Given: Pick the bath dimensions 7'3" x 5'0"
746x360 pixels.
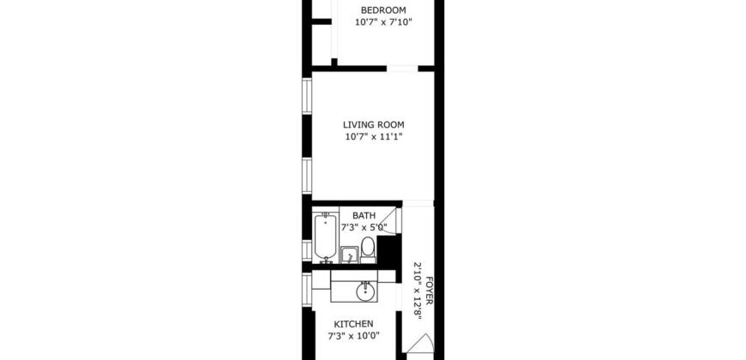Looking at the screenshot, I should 364,228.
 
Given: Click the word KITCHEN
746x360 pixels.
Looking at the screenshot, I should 353,324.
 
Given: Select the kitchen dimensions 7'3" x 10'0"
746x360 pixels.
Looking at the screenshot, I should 353,336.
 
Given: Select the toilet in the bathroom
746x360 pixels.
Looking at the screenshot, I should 368,249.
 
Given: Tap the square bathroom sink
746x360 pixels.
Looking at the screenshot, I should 349,255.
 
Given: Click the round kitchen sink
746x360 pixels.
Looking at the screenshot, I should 366,291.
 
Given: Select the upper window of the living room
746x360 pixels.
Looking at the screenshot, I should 306,98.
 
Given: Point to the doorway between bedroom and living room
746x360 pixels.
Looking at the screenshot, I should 401,68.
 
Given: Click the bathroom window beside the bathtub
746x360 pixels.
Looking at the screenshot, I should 306,249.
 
